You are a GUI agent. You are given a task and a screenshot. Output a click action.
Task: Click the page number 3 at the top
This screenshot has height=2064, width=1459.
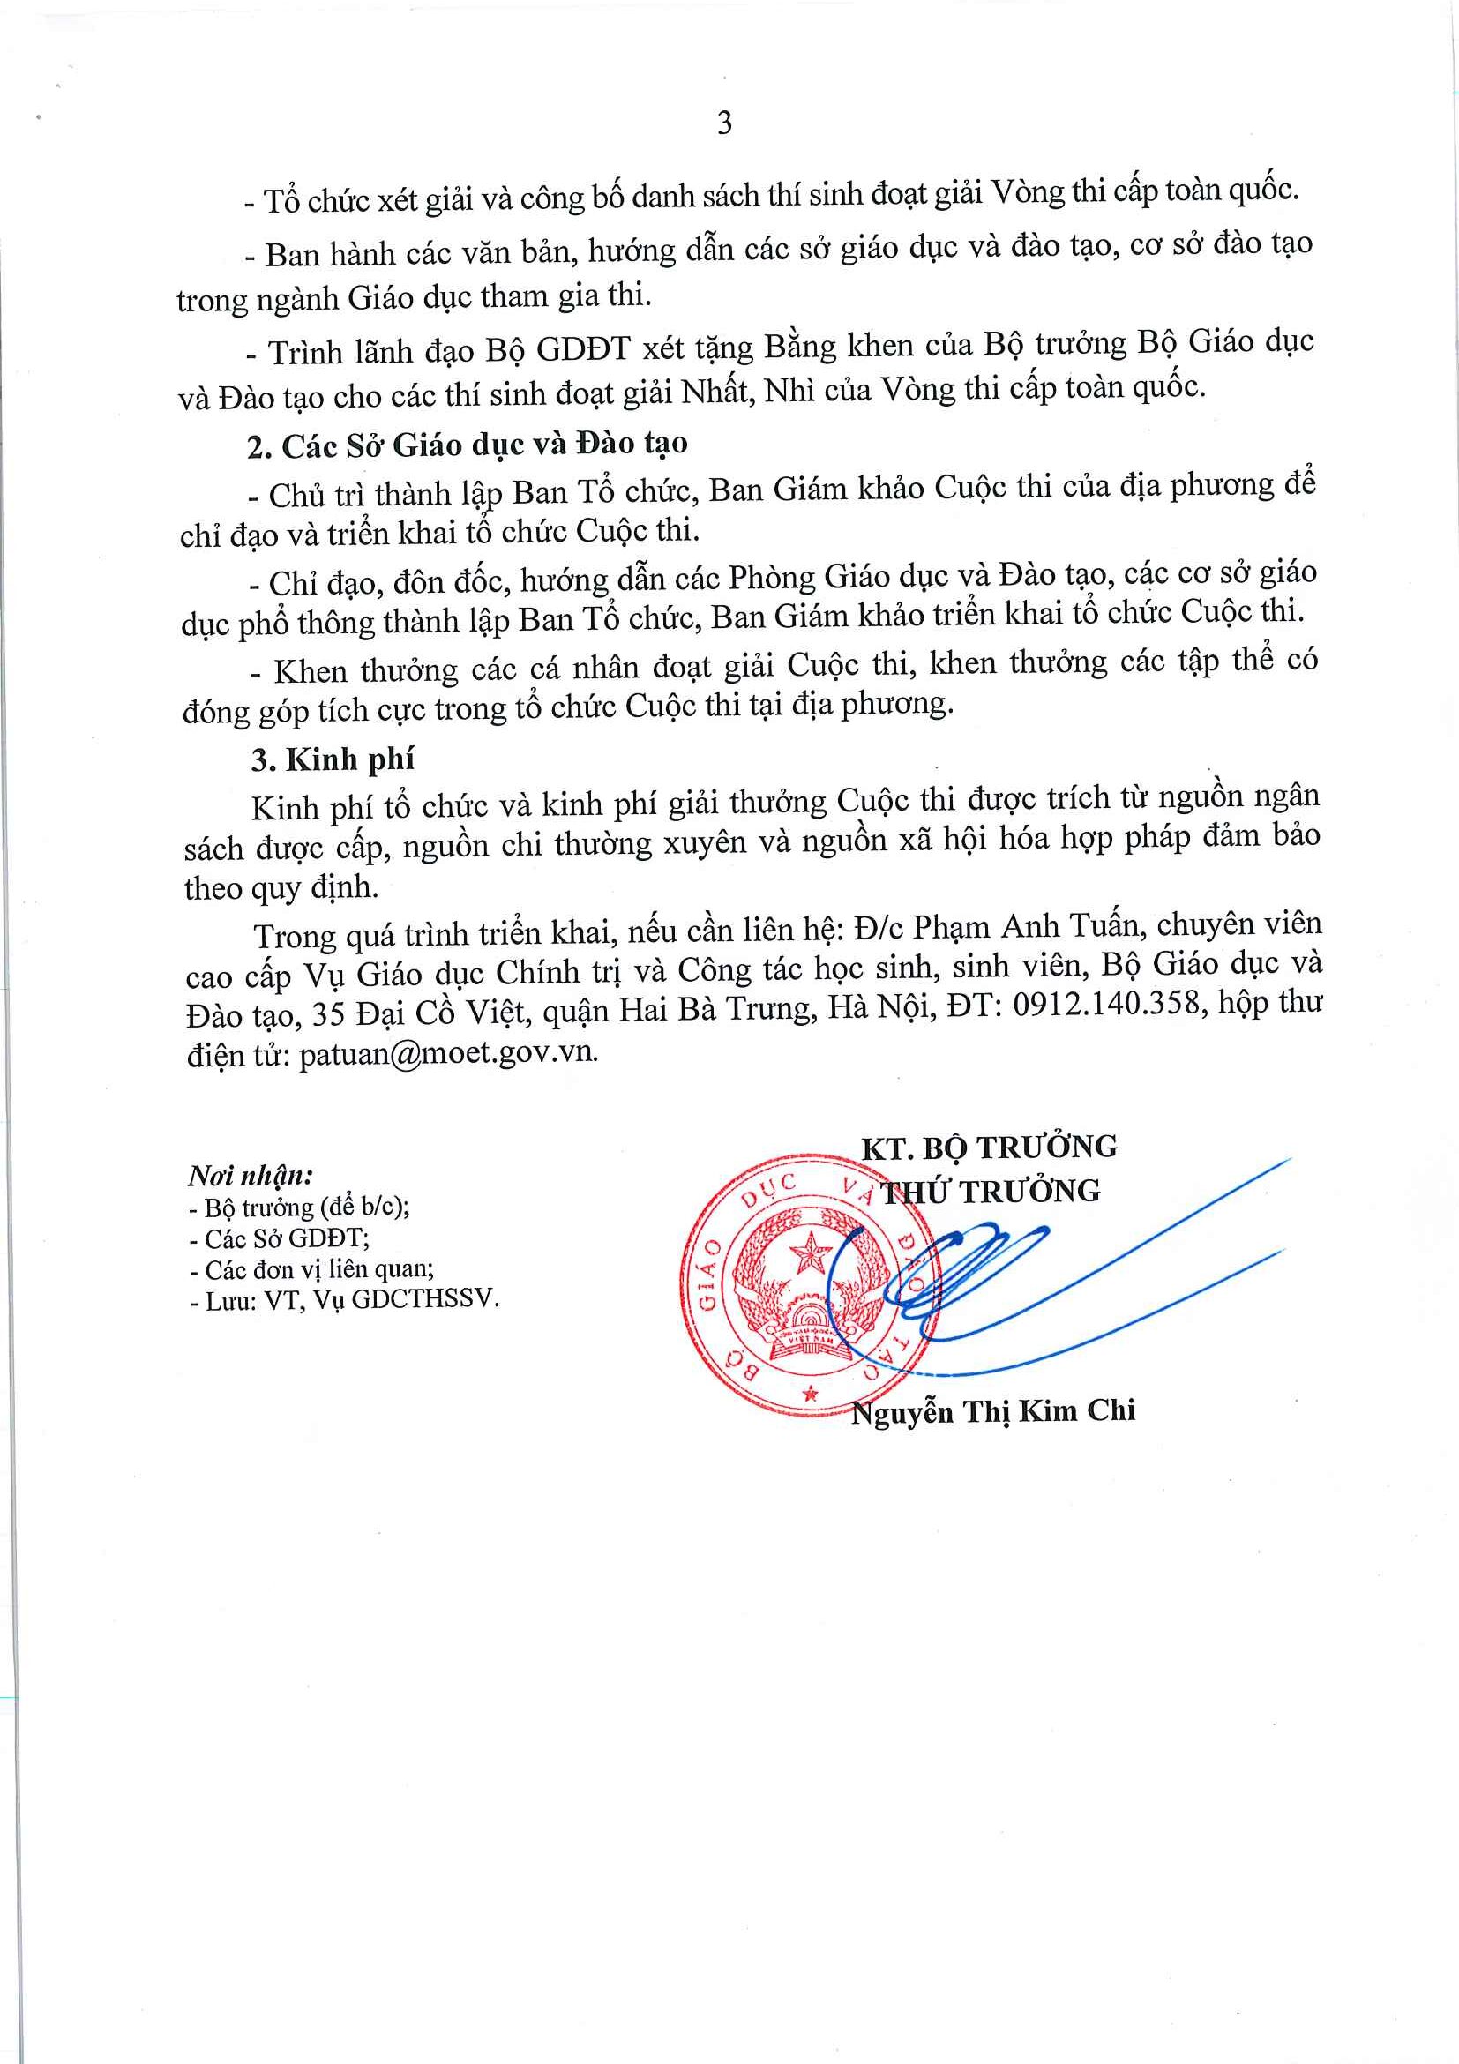point(724,123)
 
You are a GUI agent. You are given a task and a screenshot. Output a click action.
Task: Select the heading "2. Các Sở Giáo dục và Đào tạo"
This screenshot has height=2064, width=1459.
point(468,445)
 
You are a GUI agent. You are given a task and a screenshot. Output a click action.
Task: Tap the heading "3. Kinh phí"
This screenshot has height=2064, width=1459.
point(332,759)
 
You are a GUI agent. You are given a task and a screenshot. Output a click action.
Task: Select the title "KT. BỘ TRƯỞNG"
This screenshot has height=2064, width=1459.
point(989,1147)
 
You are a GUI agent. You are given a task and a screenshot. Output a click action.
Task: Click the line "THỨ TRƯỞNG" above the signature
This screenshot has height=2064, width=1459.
point(989,1192)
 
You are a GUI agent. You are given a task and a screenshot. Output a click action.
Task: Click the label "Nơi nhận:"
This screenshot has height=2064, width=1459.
point(250,1175)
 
